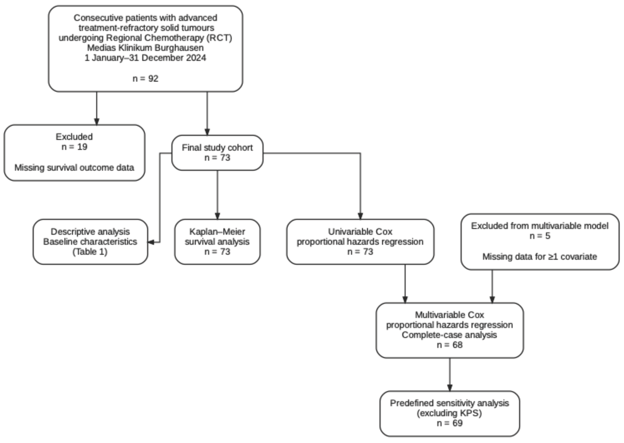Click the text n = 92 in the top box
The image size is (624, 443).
tap(145, 79)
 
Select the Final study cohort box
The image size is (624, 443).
tap(217, 153)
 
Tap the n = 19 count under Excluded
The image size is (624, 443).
tap(74, 147)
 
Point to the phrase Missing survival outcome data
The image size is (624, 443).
tap(74, 168)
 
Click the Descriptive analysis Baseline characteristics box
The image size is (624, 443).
tap(90, 242)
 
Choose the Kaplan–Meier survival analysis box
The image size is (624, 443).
tap(217, 242)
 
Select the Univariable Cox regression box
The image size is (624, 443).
tap(360, 242)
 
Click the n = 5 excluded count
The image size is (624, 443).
tap(540, 236)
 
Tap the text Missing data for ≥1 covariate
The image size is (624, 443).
tap(540, 257)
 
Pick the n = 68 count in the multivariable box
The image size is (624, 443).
tap(450, 345)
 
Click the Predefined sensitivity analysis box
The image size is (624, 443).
tap(450, 414)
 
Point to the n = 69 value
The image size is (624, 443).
tap(450, 423)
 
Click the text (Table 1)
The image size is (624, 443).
tap(90, 252)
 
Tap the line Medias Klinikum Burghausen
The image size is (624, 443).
tap(145, 48)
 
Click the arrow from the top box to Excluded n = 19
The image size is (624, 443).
tap(97, 108)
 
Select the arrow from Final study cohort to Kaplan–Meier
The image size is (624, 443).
tap(217, 195)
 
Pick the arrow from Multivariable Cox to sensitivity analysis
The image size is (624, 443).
tap(450, 374)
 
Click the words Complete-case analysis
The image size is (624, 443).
tap(449, 335)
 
